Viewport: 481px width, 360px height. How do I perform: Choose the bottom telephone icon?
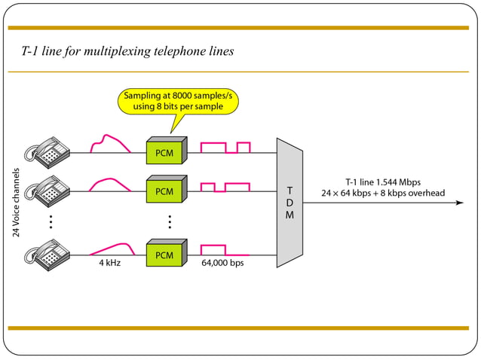(47, 252)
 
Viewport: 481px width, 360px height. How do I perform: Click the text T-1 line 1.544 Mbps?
(382, 182)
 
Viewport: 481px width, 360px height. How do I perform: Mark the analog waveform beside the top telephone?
(109, 144)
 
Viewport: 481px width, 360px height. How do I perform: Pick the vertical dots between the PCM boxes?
(170, 221)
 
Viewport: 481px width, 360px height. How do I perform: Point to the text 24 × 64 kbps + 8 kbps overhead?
(382, 193)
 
